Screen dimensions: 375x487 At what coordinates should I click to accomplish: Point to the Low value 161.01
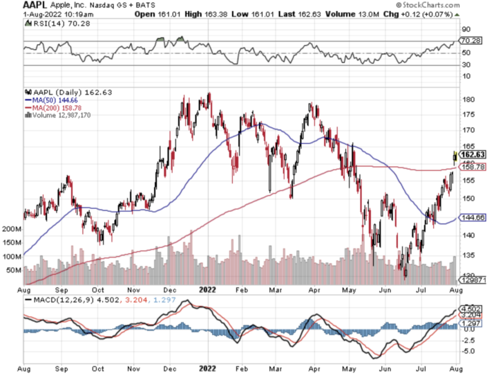(294, 13)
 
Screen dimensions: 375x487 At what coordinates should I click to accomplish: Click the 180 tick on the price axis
(467, 99)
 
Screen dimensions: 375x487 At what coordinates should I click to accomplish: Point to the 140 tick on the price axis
(467, 236)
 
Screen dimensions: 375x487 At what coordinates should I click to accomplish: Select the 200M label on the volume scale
(12, 228)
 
